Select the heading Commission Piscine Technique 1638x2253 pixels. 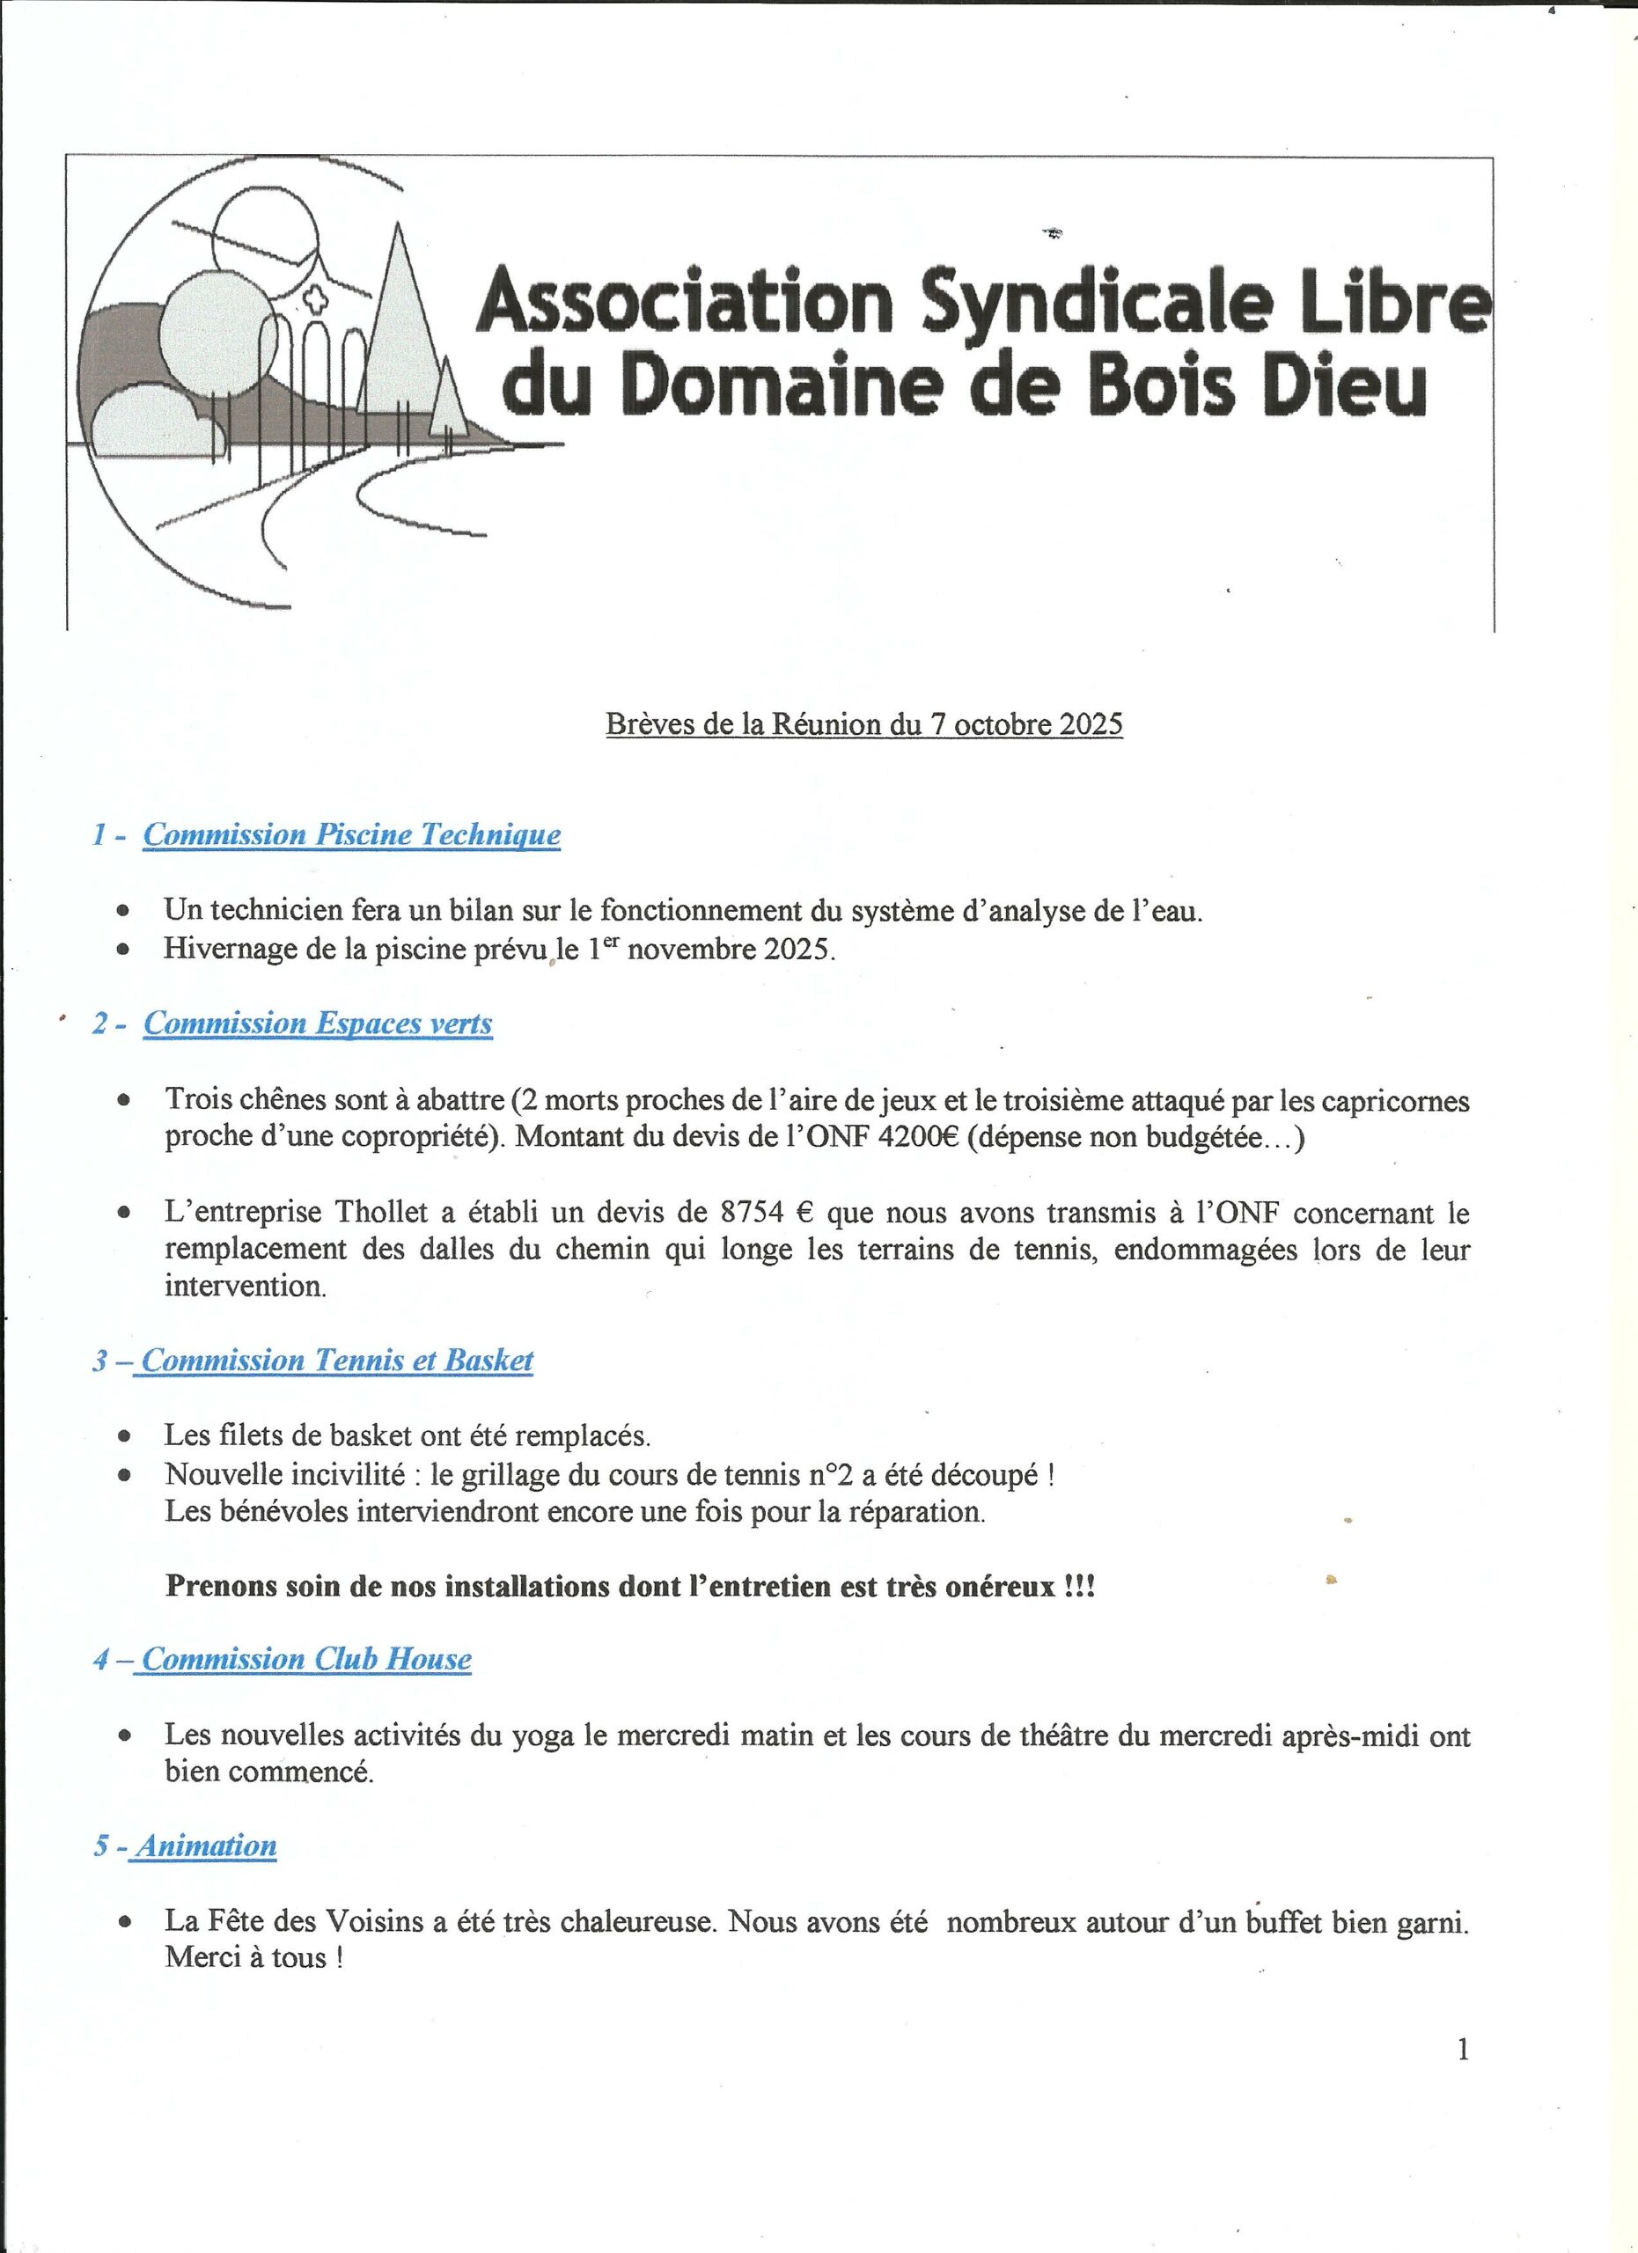(x=352, y=834)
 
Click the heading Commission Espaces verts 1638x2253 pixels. (x=318, y=1024)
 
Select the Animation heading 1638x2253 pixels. (x=207, y=1846)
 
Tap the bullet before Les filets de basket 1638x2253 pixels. (x=123, y=1436)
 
